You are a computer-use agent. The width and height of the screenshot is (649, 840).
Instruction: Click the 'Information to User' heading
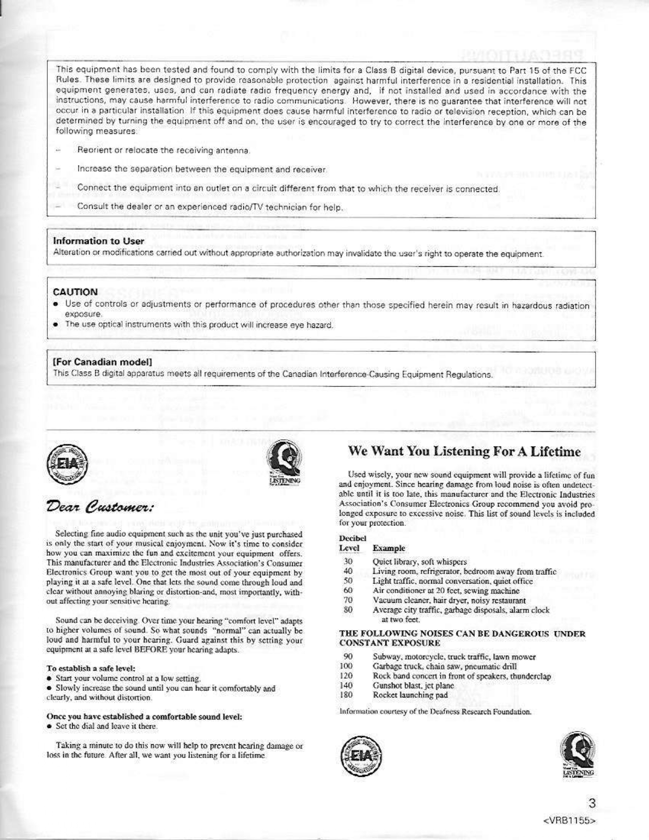98,241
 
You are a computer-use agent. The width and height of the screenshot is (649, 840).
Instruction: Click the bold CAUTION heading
75,292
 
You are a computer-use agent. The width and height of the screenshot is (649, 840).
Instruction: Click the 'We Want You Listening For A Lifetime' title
464,452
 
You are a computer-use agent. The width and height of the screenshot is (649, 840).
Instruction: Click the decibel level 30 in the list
348,562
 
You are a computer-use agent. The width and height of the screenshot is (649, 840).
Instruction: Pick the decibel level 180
346,695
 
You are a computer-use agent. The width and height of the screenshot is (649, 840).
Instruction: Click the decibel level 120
346,676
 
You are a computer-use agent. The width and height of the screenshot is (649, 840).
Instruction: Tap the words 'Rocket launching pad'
410,695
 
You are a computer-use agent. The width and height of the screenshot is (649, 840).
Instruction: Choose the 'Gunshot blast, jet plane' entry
413,686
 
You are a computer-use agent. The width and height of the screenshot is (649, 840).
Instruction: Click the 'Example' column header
389,548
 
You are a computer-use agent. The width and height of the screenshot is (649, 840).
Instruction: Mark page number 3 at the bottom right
591,803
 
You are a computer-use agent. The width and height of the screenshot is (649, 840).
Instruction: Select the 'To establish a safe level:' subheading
90,668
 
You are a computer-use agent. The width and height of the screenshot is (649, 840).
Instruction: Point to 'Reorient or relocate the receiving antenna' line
163,151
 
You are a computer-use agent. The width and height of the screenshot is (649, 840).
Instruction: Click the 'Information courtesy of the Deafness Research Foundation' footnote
435,712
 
